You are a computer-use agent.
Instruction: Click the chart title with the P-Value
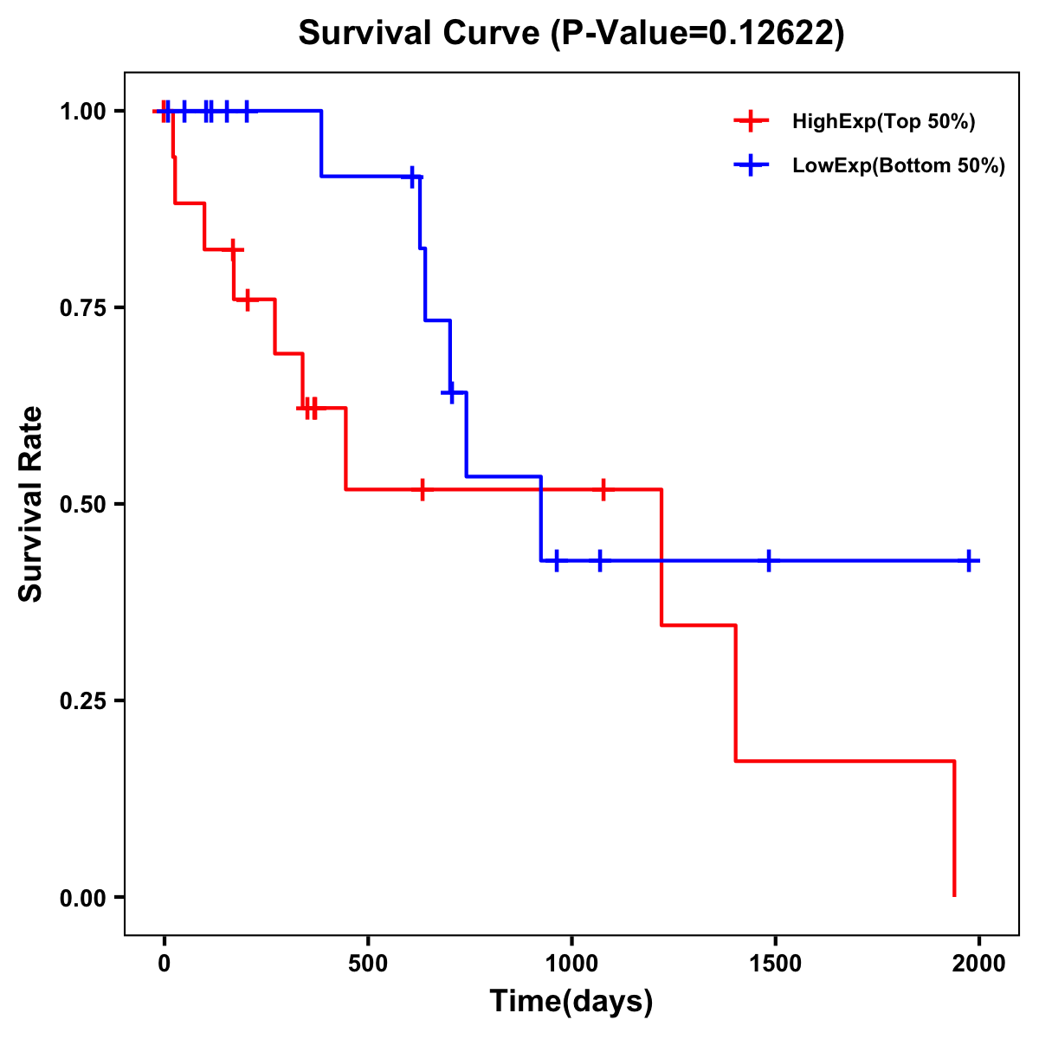point(571,33)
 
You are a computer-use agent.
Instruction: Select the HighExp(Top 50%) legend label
point(883,122)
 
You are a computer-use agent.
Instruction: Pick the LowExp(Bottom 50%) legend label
point(899,166)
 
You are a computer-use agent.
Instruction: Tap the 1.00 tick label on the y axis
point(82,112)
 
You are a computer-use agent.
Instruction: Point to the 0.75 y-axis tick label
point(82,308)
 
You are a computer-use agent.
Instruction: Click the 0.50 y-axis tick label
point(82,505)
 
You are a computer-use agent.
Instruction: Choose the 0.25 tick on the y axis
point(82,701)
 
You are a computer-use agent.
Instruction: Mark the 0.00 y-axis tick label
point(82,898)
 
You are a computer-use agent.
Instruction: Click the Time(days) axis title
point(571,1002)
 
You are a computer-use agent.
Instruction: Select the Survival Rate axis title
point(31,504)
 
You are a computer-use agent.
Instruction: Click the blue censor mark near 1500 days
point(768,561)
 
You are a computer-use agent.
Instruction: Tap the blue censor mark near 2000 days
point(969,561)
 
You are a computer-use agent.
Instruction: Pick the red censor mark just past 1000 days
point(603,489)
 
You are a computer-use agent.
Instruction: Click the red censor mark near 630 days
point(422,489)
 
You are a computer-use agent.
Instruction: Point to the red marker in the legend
point(751,122)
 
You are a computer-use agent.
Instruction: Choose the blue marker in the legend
point(751,166)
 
